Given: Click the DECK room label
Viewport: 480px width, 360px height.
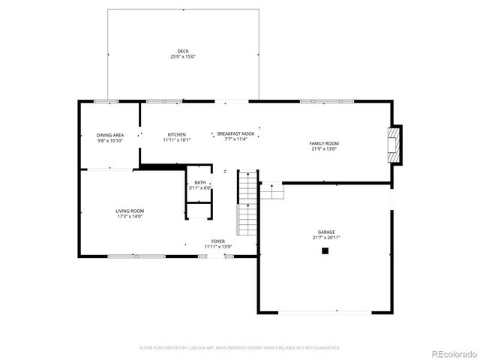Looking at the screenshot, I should pyautogui.click(x=183, y=51).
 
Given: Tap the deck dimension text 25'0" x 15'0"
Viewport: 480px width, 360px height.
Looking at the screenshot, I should pyautogui.click(x=183, y=57).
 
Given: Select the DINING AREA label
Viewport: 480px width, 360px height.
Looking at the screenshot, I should pyautogui.click(x=109, y=135).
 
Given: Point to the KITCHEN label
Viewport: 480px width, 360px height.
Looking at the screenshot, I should pyautogui.click(x=176, y=134).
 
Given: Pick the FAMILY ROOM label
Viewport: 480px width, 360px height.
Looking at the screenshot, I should pyautogui.click(x=324, y=143).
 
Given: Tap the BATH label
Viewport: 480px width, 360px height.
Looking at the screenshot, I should pyautogui.click(x=200, y=182).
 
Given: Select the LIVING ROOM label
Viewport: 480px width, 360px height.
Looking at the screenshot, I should pyautogui.click(x=129, y=211).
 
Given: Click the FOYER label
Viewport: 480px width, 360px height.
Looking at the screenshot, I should pyautogui.click(x=218, y=241).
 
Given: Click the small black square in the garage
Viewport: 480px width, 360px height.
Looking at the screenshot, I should pyautogui.click(x=325, y=251).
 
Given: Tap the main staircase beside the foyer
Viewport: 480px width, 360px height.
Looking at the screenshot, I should pyautogui.click(x=248, y=202).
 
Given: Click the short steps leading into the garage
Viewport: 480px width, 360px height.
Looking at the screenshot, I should pyautogui.click(x=273, y=191).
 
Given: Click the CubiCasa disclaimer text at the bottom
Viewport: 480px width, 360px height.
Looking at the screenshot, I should pyautogui.click(x=240, y=348).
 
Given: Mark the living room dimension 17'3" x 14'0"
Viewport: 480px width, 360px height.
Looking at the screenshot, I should pyautogui.click(x=129, y=217).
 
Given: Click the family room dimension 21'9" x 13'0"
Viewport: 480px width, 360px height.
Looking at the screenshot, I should pyautogui.click(x=324, y=148).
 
